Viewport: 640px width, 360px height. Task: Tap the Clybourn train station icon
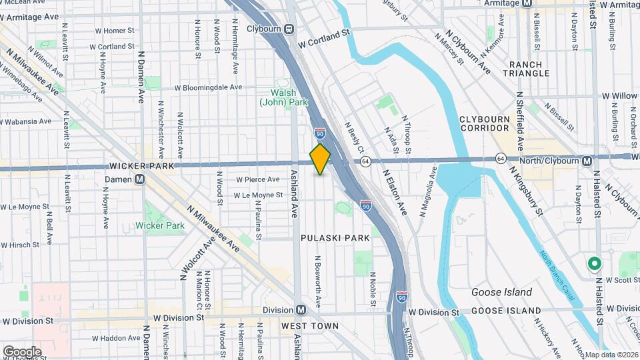coord(289,29)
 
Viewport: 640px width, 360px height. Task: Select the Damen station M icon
coord(139,179)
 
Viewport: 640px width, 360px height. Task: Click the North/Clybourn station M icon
coord(587,161)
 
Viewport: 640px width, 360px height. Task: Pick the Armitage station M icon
coord(527,3)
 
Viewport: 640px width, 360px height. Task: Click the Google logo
coord(22,351)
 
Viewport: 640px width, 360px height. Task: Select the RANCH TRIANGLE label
coord(526,69)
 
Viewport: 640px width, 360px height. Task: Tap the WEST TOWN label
coord(309,326)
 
